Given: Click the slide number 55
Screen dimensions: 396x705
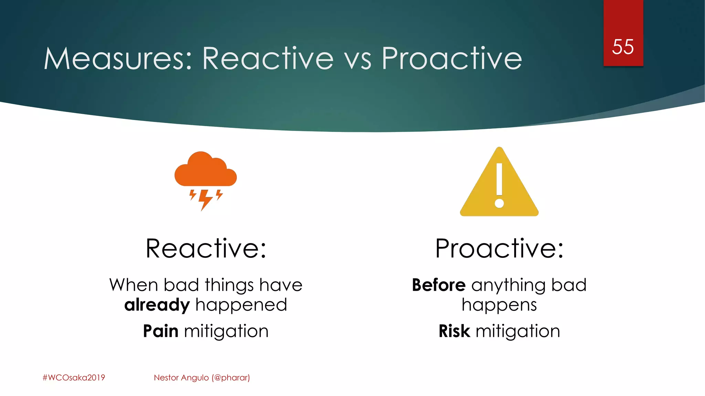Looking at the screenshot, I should point(623,47).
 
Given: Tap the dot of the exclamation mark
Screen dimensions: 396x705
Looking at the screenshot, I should point(499,203).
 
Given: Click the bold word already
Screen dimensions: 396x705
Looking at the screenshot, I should point(157,305).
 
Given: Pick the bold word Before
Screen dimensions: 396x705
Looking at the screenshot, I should point(439,285).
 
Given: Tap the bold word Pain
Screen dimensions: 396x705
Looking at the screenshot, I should point(160,331).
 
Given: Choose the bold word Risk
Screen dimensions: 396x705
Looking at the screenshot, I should point(454,331).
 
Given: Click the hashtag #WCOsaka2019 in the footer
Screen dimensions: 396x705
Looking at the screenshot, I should point(74,377).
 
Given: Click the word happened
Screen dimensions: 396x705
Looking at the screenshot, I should point(241,305).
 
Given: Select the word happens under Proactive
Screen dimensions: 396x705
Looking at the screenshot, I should point(499,305).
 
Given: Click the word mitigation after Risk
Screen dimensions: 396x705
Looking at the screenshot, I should point(518,331).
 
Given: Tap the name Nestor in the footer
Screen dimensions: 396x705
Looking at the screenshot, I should point(166,377).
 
